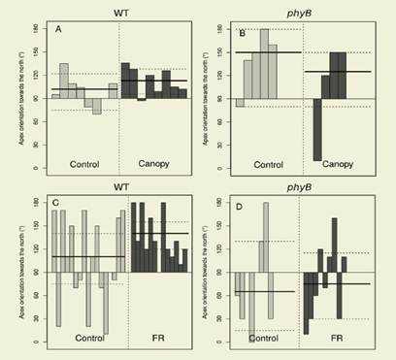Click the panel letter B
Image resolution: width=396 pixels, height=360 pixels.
tap(242, 30)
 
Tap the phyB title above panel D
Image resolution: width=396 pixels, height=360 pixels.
tap(303, 188)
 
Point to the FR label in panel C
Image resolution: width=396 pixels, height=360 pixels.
tap(157, 338)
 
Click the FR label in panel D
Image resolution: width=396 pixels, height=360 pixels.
tap(337, 339)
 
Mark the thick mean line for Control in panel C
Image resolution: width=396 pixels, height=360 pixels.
tap(87, 257)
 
